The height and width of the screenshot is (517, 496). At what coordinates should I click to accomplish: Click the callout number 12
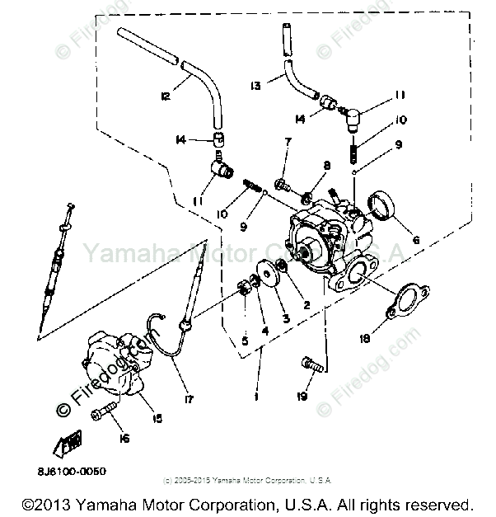166,97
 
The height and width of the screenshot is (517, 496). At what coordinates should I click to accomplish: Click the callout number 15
157,419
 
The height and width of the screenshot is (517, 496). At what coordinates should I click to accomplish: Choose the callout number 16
124,439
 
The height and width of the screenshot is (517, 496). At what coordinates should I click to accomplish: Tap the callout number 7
288,143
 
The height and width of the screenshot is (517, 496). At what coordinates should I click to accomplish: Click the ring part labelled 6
382,205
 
